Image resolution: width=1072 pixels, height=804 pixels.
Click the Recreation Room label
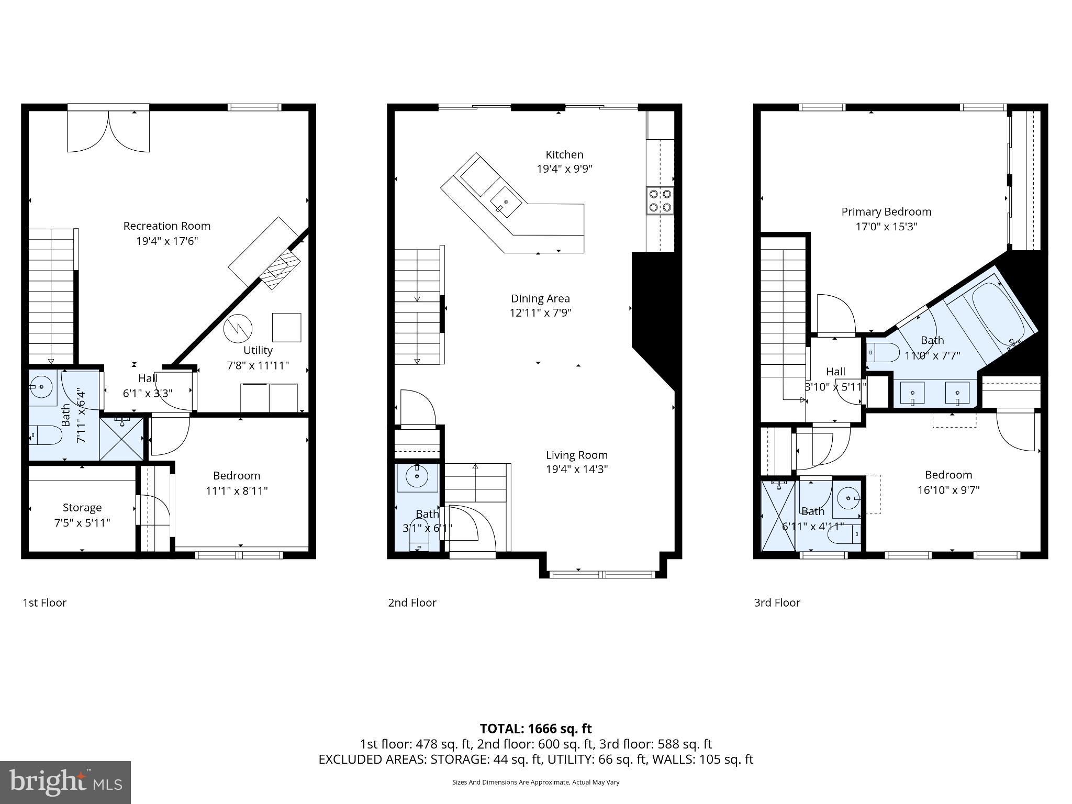coord(166,226)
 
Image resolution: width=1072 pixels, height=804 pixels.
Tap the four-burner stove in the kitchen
coord(660,200)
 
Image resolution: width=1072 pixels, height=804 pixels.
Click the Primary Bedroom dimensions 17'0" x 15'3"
coord(886,227)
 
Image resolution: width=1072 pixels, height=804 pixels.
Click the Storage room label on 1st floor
coord(82,507)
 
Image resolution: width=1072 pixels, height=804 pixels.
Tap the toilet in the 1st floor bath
coord(44,435)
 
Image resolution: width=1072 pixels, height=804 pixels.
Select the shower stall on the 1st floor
coord(121,439)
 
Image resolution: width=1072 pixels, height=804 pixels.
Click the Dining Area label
coord(540,298)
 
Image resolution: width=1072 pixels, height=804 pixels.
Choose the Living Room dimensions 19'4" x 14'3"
coord(576,470)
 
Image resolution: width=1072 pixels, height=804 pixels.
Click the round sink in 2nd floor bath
coord(417,476)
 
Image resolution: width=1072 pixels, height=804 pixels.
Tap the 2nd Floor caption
coord(412,602)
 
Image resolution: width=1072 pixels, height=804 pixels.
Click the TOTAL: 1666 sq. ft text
coord(535,729)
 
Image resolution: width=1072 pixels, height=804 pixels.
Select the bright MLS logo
coord(65,782)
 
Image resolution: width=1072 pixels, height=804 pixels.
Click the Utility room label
coord(258,350)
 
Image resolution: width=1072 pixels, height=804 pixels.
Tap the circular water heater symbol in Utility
coord(238,329)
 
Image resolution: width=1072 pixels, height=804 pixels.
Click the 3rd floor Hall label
coord(835,372)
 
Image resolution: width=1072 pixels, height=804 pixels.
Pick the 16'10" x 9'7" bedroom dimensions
coord(948,490)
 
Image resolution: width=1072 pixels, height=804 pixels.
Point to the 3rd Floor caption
coord(777,602)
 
